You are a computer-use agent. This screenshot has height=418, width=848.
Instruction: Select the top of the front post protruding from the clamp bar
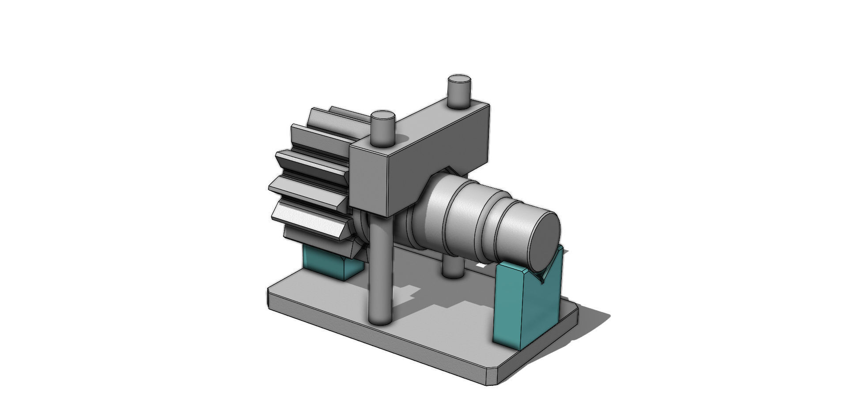click(x=382, y=117)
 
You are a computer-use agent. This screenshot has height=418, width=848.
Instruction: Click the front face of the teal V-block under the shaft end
click(x=508, y=305)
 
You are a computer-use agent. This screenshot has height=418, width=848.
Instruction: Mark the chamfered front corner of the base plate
click(x=492, y=375)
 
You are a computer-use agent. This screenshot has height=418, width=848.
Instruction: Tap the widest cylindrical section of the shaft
click(x=459, y=212)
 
